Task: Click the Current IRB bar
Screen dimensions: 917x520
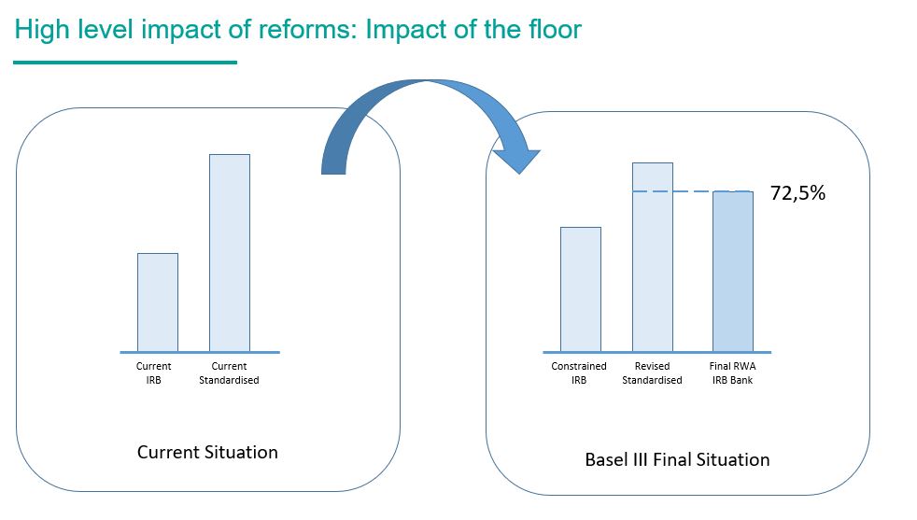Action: (x=158, y=302)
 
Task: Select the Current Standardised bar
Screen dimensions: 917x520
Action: (x=230, y=253)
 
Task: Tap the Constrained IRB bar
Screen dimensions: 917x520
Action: (x=581, y=289)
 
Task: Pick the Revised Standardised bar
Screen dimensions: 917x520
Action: (x=653, y=258)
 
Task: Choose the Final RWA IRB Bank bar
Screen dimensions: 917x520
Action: (x=733, y=272)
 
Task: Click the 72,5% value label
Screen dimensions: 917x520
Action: (x=797, y=193)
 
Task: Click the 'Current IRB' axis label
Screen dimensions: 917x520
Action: (x=154, y=373)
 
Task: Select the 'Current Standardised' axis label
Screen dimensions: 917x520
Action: (x=229, y=373)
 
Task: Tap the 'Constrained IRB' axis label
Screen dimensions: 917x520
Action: (x=579, y=373)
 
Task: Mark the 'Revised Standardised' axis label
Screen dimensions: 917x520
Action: (x=652, y=373)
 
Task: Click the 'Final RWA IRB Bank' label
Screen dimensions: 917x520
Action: (x=733, y=373)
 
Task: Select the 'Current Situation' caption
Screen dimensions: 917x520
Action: (x=207, y=452)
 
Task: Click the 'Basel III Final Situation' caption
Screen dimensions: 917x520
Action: (x=677, y=459)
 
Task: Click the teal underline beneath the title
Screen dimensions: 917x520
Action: (x=125, y=62)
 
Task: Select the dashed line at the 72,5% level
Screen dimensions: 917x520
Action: (x=693, y=191)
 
